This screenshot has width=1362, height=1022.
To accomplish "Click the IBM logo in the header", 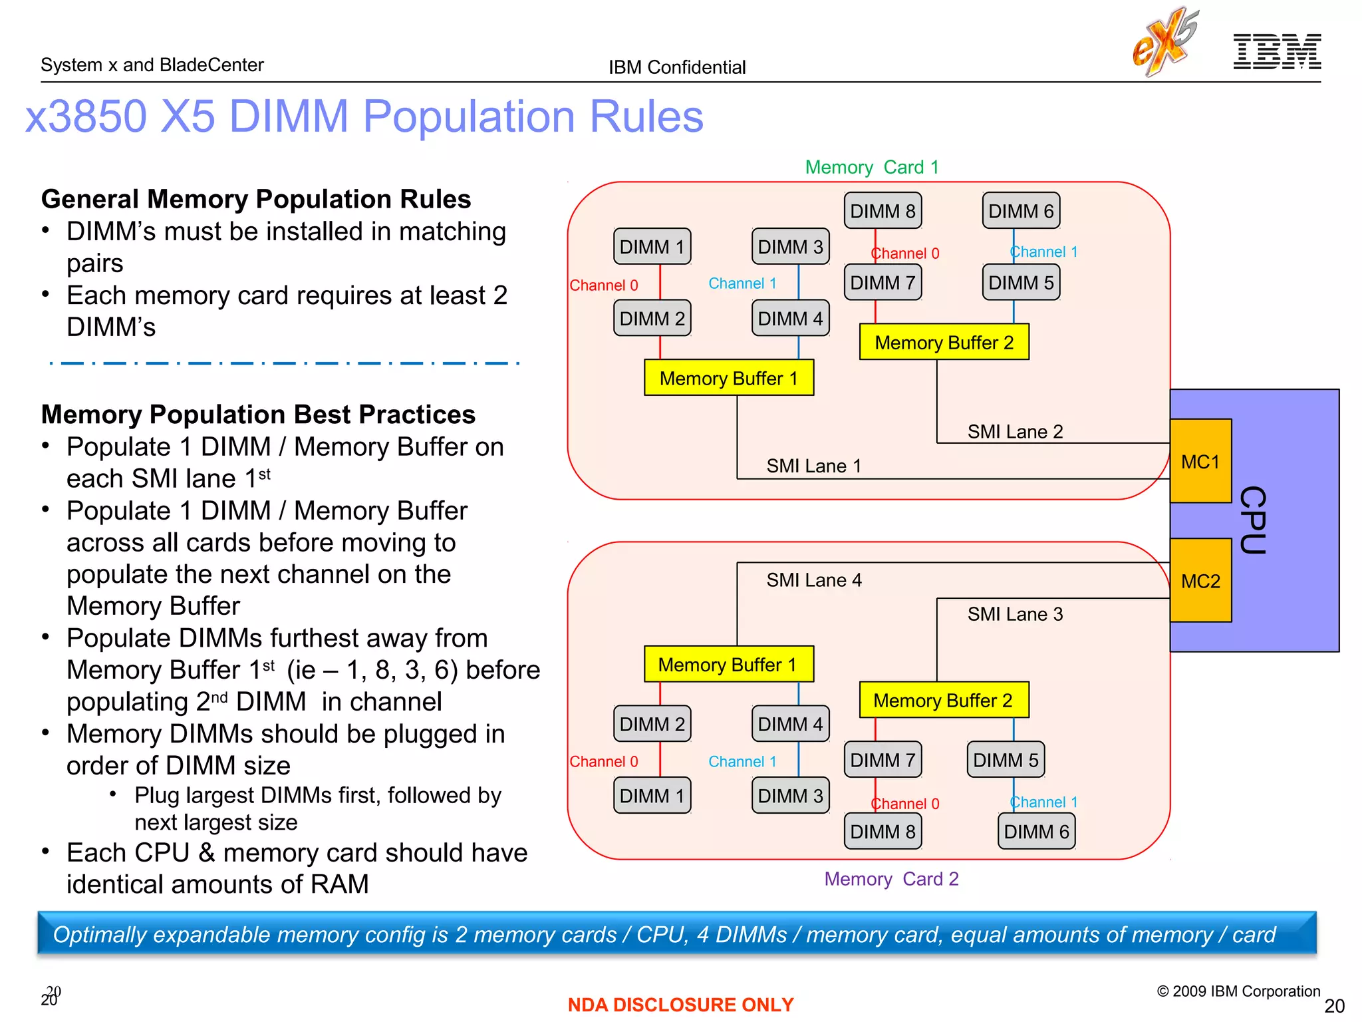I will (1277, 52).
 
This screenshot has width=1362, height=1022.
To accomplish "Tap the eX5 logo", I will (1165, 41).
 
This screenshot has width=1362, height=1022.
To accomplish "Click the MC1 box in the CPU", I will (1200, 461).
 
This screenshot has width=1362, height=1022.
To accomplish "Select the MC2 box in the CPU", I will (1200, 580).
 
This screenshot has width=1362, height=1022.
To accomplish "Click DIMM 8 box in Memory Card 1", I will (883, 211).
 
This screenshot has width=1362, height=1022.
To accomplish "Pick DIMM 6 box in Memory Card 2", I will (1036, 831).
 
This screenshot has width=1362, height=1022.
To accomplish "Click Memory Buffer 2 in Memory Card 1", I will (944, 342).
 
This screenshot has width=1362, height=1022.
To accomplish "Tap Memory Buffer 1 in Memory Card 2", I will (728, 664).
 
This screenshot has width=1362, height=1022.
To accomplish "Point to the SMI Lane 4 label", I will (813, 580).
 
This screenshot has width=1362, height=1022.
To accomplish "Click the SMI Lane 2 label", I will (1015, 432).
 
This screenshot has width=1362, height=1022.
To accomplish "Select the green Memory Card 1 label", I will (872, 167).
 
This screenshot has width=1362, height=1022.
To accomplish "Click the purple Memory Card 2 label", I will (891, 879).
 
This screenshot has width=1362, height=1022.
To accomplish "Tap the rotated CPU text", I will (1253, 520).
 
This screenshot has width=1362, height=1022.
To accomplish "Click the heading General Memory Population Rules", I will (256, 199).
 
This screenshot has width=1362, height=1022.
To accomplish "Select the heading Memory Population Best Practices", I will (258, 414).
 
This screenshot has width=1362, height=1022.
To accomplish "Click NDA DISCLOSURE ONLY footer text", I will (680, 1004).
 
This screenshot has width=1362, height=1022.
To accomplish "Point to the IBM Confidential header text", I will (677, 67).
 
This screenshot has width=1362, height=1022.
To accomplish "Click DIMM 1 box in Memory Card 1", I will (652, 247).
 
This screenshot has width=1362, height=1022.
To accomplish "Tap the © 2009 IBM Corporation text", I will (1238, 991).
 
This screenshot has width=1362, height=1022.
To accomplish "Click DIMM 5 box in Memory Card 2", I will (1006, 760).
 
